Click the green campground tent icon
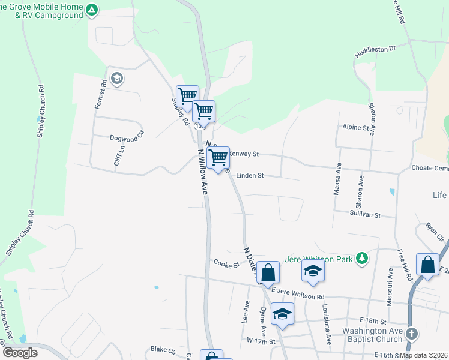click(91, 10)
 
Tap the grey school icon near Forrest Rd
click(116, 78)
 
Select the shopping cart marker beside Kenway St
click(218, 158)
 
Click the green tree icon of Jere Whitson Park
click(361, 258)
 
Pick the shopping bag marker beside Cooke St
click(270, 272)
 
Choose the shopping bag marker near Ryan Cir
click(427, 265)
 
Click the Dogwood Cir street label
click(128, 137)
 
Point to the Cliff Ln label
click(118, 155)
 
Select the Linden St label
click(250, 176)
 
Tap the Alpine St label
click(355, 128)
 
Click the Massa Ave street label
click(337, 179)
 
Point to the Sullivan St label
click(365, 214)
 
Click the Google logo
click(19, 353)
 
